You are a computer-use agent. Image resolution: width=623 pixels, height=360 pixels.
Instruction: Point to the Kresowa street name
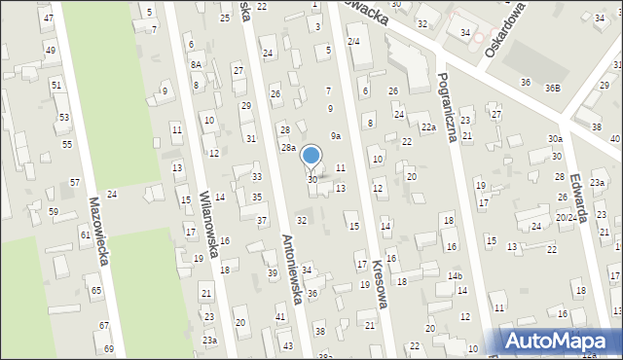coord(376,288)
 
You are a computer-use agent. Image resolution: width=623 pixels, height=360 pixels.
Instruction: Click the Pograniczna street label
coord(448,107)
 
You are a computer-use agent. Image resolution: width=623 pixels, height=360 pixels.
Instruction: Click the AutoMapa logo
coord(561,341)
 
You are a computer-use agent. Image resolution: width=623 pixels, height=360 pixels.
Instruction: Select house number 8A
coord(196,64)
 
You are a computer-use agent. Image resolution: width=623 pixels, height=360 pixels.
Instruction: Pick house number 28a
coord(288,148)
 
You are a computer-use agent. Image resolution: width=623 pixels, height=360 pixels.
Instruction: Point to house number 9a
coord(335,136)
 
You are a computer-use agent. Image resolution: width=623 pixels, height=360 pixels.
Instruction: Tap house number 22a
coord(427,127)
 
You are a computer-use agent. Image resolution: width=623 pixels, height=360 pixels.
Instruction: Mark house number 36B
coord(552,88)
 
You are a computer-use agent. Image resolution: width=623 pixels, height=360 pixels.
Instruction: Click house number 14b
coord(455,276)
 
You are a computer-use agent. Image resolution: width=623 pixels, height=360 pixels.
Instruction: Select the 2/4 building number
coord(353,41)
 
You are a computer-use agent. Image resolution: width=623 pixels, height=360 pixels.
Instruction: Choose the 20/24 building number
coord(566,218)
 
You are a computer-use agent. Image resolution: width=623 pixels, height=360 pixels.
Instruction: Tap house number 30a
coord(554,139)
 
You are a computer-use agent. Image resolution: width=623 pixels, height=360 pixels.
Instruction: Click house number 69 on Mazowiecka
coord(108,349)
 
